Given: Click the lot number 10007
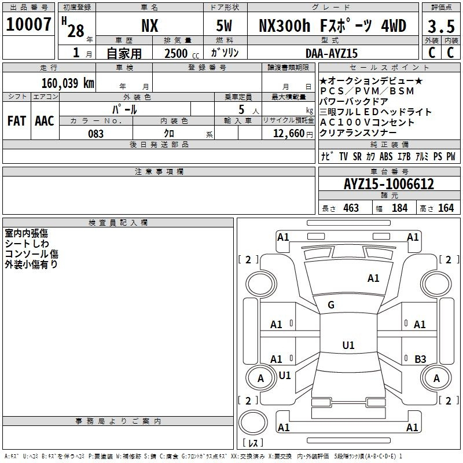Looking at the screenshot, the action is tap(28, 24).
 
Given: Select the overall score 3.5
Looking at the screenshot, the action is tap(441, 26).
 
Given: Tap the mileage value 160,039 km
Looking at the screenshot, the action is tap(68, 83).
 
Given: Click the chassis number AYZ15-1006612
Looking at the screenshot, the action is tap(389, 184).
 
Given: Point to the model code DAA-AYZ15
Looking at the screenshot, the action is tap(332, 53).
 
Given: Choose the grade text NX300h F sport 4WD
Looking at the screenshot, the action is tap(332, 25).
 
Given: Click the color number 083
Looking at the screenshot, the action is tap(96, 134).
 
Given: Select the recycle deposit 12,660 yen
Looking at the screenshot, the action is tap(293, 134).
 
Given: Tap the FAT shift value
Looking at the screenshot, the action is tap(17, 121).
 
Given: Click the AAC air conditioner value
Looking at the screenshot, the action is tap(45, 121).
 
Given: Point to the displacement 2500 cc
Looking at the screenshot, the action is tap(182, 53).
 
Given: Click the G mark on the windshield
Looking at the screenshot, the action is tap(331, 305).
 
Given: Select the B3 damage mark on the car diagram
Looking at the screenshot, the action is tap(420, 359).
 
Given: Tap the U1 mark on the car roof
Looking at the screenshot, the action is tap(348, 345).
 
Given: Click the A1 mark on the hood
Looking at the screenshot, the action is tap(373, 278).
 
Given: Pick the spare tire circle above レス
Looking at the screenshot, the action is tap(253, 422).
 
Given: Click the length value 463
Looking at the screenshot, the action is tap(351, 208).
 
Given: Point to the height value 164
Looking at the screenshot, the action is tap(446, 208).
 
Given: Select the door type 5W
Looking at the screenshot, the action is tap(224, 25).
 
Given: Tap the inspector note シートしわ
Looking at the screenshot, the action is tap(27, 244).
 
